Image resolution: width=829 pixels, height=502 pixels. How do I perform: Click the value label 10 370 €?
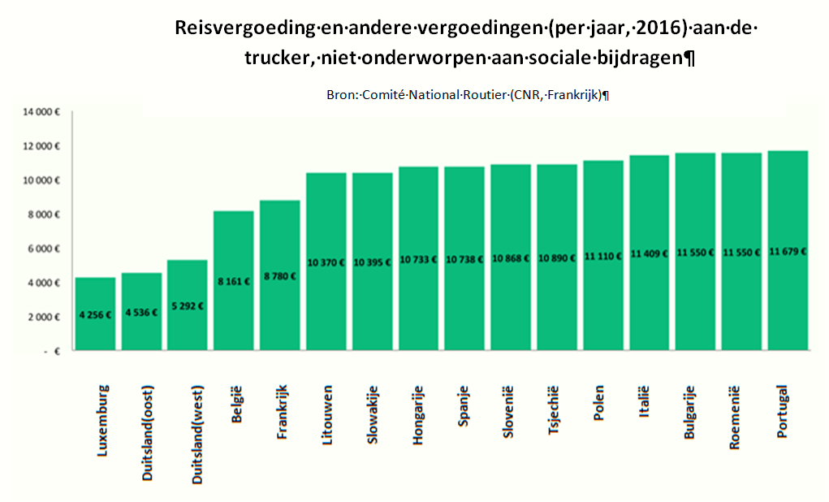point(326,261)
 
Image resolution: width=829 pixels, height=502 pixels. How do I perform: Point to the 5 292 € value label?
point(188,307)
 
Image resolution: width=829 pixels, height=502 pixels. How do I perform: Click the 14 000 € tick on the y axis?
point(38,112)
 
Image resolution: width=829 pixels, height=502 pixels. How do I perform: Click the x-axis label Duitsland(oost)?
point(148,427)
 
